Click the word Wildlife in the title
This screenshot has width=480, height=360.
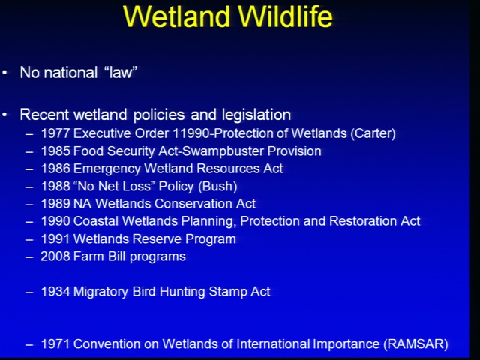tap(285, 16)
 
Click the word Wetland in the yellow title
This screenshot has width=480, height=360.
tap(177, 16)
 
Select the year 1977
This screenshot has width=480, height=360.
tap(55, 133)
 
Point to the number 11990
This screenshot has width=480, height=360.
tap(193, 133)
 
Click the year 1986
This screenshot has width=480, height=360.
tap(55, 169)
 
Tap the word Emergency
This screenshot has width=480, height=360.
tap(106, 169)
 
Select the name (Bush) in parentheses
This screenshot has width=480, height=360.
tap(217, 187)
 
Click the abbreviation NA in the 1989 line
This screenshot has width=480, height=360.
tap(82, 204)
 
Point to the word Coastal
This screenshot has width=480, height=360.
tap(96, 221)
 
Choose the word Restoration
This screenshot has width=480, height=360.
tap(363, 221)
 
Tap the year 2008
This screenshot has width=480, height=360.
tap(55, 256)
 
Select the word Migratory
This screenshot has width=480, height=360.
tap(100, 292)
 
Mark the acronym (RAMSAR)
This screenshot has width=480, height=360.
tap(416, 344)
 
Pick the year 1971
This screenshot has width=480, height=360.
tap(55, 343)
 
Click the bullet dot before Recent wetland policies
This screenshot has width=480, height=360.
tap(4, 115)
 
